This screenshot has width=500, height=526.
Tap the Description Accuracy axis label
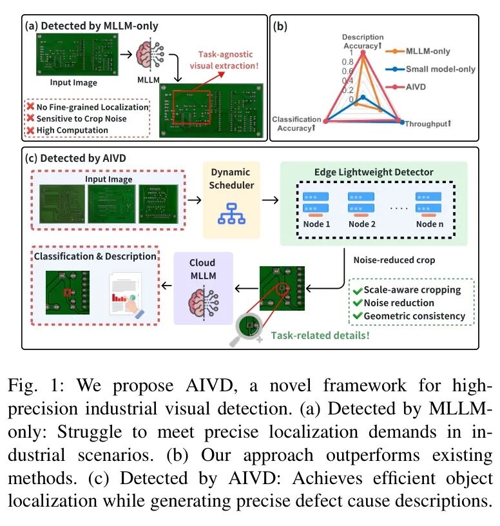(x=363, y=41)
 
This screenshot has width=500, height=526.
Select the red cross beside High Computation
(x=30, y=130)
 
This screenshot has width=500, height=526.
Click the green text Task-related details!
(x=320, y=335)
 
